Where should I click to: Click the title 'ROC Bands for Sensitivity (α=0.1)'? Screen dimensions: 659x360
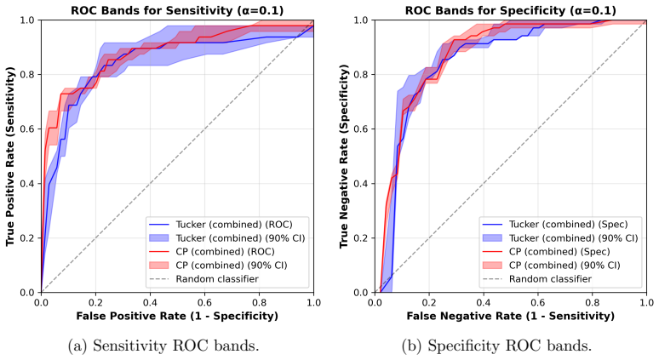click(177, 10)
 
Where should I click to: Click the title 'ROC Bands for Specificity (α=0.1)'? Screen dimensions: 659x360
click(511, 10)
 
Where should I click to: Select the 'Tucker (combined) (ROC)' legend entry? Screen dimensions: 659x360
click(221, 225)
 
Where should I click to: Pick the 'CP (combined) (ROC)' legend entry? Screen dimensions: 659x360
click(211, 252)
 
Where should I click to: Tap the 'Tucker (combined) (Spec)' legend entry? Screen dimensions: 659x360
click(555, 225)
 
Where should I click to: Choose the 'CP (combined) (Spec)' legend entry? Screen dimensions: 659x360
click(546, 252)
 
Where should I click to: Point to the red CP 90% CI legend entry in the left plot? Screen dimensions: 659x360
click(218, 265)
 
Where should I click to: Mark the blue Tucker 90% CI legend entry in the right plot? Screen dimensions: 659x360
click(560, 238)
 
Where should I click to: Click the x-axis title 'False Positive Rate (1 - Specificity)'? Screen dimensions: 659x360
click(177, 316)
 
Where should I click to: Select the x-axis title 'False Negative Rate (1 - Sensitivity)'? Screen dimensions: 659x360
click(510, 316)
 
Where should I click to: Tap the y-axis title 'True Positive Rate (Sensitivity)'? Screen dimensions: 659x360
click(10, 156)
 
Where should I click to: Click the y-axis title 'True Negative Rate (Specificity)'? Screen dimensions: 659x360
click(344, 156)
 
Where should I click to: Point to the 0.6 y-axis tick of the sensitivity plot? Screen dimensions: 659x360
click(30, 129)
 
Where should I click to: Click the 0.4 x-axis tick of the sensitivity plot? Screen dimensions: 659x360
click(150, 302)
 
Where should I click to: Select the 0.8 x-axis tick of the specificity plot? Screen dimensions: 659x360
click(593, 302)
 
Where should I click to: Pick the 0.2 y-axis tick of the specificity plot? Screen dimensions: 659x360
click(363, 238)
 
